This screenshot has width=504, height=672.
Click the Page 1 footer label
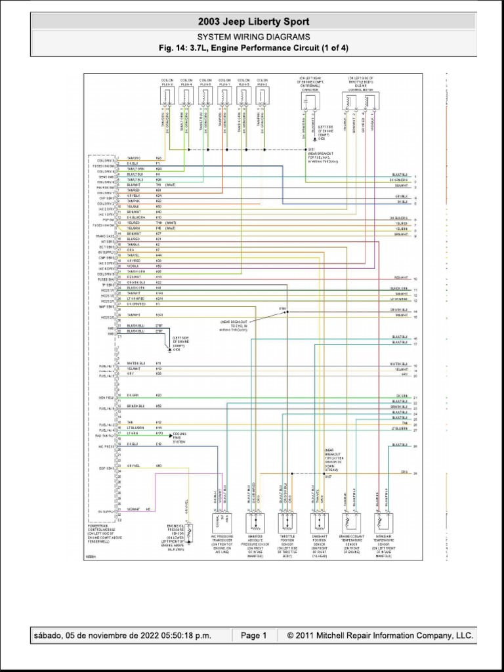pyautogui.click(x=253, y=635)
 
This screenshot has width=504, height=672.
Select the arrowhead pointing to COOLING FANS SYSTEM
pyautogui.click(x=169, y=434)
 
